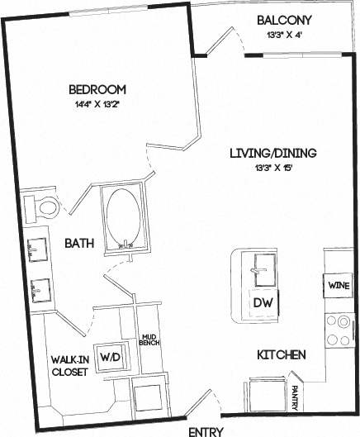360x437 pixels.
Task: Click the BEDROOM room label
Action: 97,89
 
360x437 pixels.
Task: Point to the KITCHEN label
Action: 282,355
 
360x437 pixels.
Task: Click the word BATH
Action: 79,244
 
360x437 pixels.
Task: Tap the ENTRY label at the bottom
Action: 206,430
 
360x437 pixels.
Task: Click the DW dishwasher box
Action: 263,303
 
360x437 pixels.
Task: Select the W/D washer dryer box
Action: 110,357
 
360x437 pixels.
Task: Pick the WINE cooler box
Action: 339,286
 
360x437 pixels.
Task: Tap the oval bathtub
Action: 125,218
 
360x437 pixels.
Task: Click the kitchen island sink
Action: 263,267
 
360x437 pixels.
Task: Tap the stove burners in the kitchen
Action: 339,329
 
